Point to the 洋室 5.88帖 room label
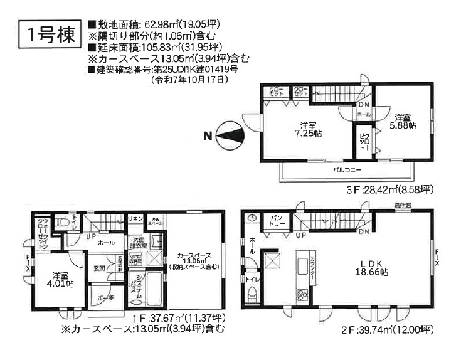tap(405, 121)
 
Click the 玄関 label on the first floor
tap(99, 268)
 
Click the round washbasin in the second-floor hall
tap(252, 218)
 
